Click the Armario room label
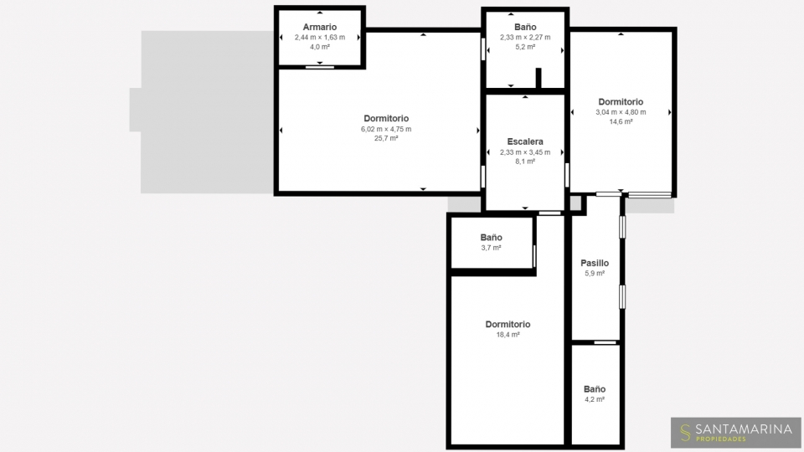click(x=319, y=27)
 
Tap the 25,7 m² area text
click(x=386, y=138)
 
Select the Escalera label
click(x=525, y=141)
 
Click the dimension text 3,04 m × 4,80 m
click(x=621, y=112)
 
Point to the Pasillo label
click(x=595, y=263)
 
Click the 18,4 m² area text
click(x=508, y=335)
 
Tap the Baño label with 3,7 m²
click(x=492, y=237)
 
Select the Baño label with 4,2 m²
click(x=595, y=389)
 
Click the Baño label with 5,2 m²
click(x=525, y=27)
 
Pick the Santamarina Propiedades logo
click(x=736, y=433)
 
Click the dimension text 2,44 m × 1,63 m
click(x=319, y=38)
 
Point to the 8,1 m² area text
click(x=525, y=162)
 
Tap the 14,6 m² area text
click(x=621, y=122)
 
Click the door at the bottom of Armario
click(x=319, y=67)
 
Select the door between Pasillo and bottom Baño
click(x=605, y=342)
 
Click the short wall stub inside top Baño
click(x=539, y=79)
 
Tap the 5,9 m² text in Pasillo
click(x=595, y=274)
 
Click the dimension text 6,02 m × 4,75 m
click(x=386, y=129)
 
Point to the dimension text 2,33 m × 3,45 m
click(x=525, y=152)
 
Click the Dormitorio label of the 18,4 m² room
click(x=508, y=325)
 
